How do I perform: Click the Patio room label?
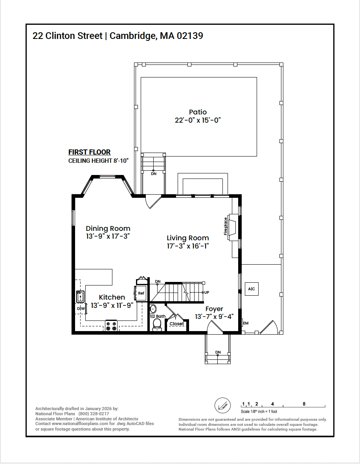tap(198, 112)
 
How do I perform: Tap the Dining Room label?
tap(108, 228)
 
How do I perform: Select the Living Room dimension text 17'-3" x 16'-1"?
tap(187, 246)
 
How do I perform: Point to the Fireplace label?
tap(226, 226)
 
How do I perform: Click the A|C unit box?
tap(252, 289)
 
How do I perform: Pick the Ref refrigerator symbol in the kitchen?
tap(141, 293)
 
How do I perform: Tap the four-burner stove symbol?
tap(111, 326)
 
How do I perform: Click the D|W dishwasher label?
tap(81, 309)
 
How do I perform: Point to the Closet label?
tap(177, 324)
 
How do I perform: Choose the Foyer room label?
tap(214, 309)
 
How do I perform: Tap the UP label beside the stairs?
tap(207, 293)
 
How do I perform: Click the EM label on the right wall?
tap(246, 323)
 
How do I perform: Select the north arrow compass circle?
tap(222, 405)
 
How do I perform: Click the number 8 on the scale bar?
tap(304, 404)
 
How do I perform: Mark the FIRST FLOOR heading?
tap(90, 152)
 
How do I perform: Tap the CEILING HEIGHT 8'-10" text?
tap(99, 161)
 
